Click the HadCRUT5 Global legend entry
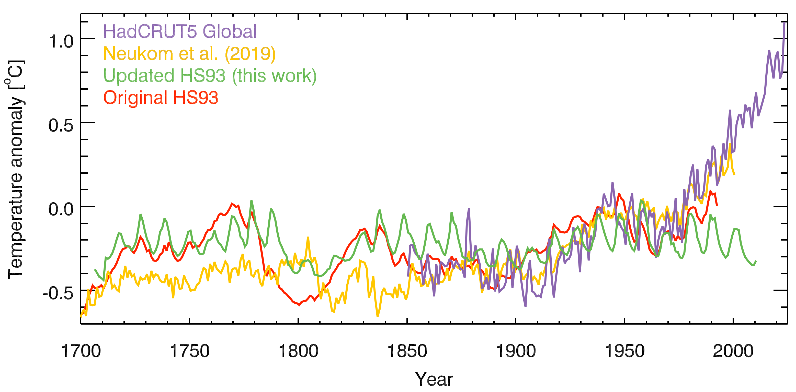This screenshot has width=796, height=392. coord(180,31)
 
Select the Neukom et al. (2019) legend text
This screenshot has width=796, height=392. coord(189,54)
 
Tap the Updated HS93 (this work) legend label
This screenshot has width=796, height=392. coord(210,76)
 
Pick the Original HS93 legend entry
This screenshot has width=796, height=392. coord(161,98)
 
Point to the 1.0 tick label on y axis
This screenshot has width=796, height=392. coord(61,41)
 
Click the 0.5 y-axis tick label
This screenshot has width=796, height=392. coord(61,125)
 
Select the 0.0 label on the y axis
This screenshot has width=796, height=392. coord(61,209)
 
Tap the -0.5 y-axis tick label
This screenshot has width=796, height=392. coord(58,293)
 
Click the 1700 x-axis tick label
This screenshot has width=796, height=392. coord(81,351)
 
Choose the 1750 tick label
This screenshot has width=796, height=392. coord(189,351)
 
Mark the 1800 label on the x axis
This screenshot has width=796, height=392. coord(298,351)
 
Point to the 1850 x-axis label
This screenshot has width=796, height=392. coord(407,351)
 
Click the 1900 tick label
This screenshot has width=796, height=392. coord(516,351)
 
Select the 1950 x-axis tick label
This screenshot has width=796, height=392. coord(624,351)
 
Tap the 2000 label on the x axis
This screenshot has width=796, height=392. coord(733,351)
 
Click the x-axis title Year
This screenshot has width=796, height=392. coord(434,379)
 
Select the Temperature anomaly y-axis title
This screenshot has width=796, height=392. coord(15,170)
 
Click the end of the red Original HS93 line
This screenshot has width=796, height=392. coord(717,205)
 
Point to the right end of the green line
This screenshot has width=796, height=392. coord(756,261)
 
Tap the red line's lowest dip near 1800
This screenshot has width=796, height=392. coord(299,305)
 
